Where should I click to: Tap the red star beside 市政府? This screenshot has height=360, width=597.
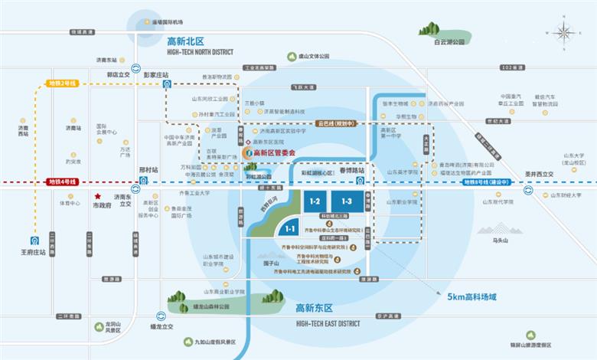tap(99, 196)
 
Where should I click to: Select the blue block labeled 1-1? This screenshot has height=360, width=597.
tap(291, 228)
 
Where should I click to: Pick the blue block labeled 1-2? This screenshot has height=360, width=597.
tap(313, 201)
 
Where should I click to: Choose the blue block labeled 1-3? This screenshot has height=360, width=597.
tap(347, 201)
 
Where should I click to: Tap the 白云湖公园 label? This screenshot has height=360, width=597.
tap(449, 43)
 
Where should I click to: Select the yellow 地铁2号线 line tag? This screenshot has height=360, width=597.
tap(63, 82)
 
